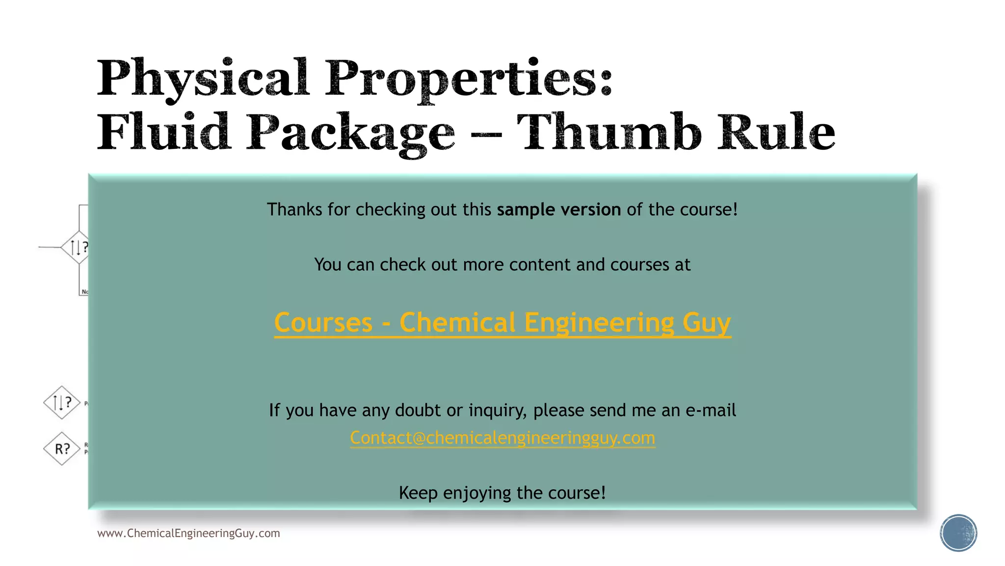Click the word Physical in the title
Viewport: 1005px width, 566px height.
203,79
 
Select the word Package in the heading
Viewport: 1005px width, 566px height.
350,133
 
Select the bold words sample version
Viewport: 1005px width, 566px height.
558,210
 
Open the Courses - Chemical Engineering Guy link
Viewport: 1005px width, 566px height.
502,323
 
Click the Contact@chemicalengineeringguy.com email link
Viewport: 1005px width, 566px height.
502,438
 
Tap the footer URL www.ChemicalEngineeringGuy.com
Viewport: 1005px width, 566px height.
188,534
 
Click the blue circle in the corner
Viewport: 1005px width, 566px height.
958,533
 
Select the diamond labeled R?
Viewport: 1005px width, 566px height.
62,449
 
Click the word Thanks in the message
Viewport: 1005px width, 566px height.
294,210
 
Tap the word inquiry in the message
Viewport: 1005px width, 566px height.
498,410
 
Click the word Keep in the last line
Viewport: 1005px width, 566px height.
418,493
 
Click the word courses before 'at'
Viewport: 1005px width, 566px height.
639,265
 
